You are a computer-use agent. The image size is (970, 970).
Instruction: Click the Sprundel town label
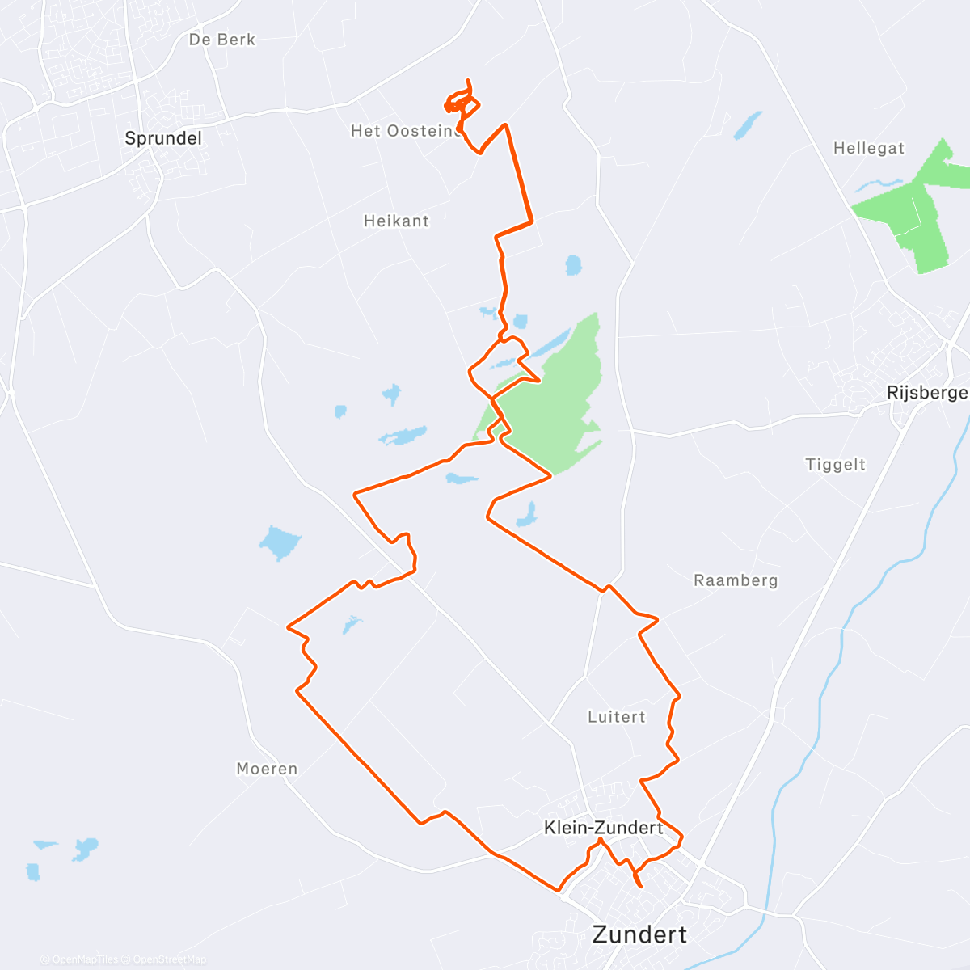click(x=162, y=138)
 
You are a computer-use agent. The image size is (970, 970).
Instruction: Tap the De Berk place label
click(x=221, y=40)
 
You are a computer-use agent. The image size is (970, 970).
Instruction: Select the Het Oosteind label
click(x=404, y=131)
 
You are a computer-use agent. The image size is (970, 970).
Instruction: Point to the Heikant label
click(x=396, y=221)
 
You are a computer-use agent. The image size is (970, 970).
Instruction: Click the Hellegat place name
click(x=869, y=149)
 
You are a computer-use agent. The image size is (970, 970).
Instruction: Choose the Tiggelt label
click(x=835, y=465)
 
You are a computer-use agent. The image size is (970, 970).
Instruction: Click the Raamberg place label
click(x=736, y=580)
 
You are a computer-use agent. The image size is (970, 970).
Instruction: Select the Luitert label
click(x=617, y=717)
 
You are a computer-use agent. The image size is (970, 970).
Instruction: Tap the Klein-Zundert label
click(x=603, y=828)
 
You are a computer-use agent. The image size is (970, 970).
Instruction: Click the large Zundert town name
click(x=639, y=934)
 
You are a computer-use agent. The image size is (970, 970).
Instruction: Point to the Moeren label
click(x=267, y=769)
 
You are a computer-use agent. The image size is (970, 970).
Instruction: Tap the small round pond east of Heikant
click(x=573, y=264)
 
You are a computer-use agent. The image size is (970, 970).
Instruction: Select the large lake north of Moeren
click(x=279, y=542)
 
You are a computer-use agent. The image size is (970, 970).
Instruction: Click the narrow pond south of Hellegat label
click(x=748, y=125)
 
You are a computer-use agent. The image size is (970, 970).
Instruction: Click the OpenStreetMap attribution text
click(x=169, y=959)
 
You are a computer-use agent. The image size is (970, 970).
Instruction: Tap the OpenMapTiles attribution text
click(x=85, y=959)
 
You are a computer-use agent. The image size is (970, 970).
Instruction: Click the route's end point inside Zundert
click(x=642, y=887)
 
